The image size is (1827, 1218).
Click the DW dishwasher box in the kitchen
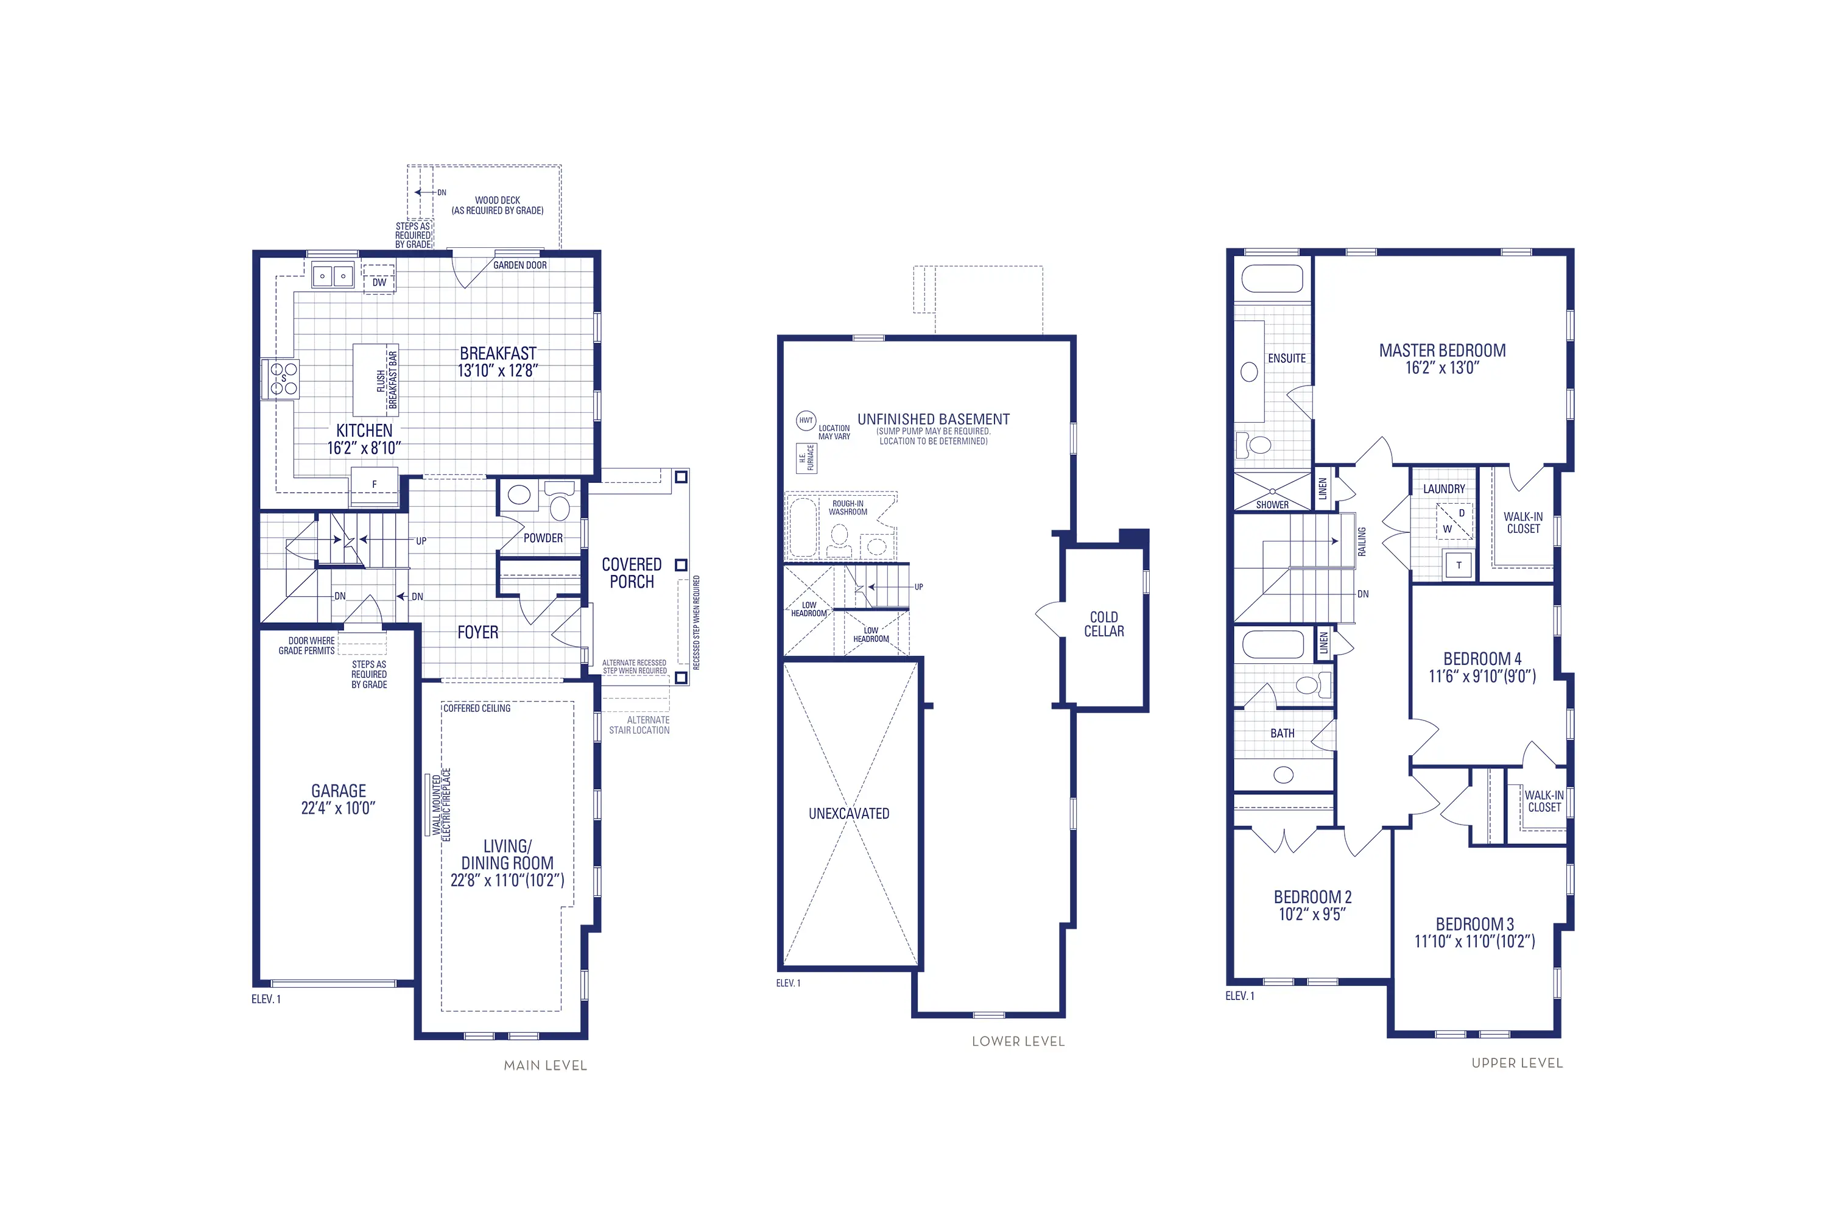point(379,281)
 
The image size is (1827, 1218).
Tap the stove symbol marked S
point(283,378)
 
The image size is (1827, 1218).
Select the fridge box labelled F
point(375,484)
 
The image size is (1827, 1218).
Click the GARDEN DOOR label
point(519,265)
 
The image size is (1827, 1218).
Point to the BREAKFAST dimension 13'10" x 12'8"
point(497,370)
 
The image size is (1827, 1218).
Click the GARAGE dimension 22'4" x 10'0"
point(338,808)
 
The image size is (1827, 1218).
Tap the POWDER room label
point(543,538)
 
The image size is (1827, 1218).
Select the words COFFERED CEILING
point(477,708)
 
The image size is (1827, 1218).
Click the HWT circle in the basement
point(806,420)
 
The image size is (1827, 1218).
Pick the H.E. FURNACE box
point(806,457)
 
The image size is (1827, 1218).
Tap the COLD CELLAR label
point(1104,624)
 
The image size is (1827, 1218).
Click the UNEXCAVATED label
point(849,813)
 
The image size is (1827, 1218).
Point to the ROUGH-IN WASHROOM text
point(848,507)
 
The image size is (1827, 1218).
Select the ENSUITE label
point(1286,358)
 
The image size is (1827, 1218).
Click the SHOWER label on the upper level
point(1272,505)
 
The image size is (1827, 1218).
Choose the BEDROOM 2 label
point(1313,896)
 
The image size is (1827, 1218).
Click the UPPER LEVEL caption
point(1516,1063)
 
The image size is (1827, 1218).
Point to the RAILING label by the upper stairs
point(1362,541)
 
